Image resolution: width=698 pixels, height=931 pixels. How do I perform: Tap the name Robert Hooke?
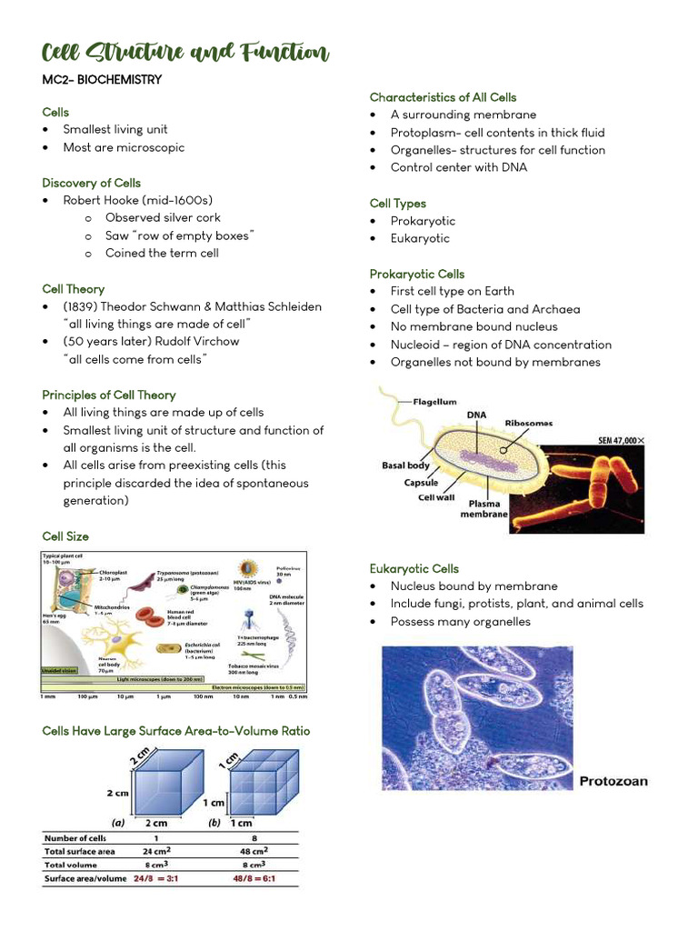pos(101,200)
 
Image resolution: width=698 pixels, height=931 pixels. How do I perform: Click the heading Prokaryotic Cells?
pos(416,274)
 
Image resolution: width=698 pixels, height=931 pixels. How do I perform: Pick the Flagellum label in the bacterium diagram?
pos(435,401)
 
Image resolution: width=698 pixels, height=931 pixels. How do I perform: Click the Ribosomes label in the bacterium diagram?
pos(528,423)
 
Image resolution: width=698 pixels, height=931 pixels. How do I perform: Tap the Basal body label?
pos(405,465)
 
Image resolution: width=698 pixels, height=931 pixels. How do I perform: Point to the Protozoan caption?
pos(613,781)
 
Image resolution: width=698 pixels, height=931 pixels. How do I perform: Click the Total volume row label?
pos(72,865)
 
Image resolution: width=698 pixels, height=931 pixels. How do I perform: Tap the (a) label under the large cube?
pos(118,822)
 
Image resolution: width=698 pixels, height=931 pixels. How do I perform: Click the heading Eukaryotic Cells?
pos(414,568)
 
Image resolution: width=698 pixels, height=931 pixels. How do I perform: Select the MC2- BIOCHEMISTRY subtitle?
pos(102,80)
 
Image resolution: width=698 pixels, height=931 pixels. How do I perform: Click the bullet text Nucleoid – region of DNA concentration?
pos(501,345)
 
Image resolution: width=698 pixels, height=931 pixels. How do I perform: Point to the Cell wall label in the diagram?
pos(436,497)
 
